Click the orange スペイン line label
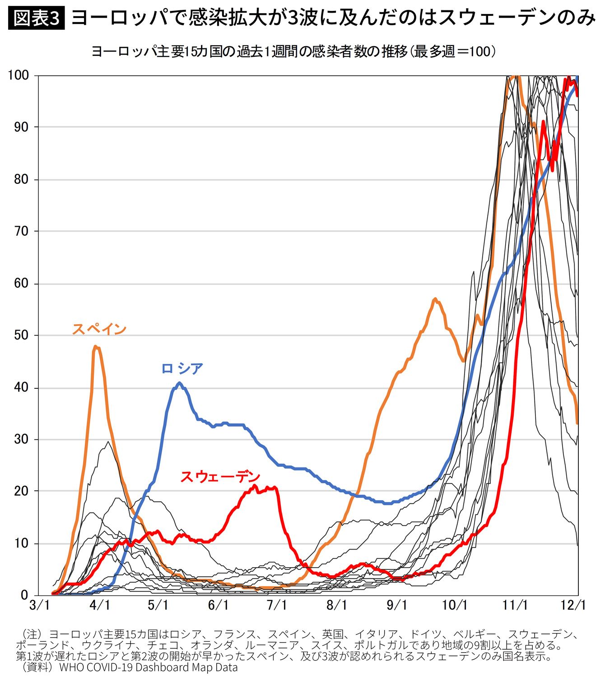[x=99, y=329]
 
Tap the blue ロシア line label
[x=182, y=368]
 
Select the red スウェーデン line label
[x=220, y=476]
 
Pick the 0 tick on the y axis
[x=24, y=595]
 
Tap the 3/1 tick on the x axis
[x=39, y=605]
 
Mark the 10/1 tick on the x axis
[x=455, y=605]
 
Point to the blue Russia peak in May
[x=180, y=383]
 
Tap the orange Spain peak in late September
[x=435, y=298]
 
